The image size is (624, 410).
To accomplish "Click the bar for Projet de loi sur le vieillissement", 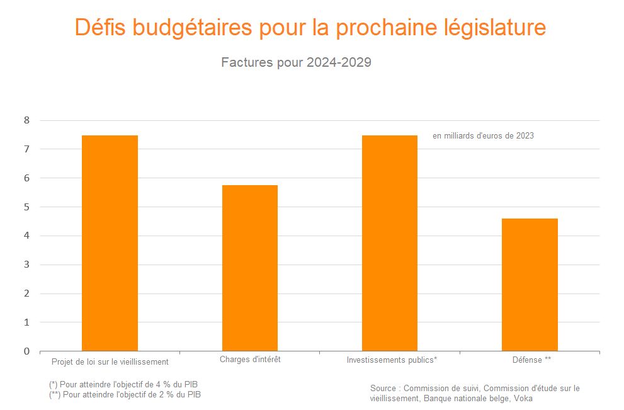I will pos(110,243).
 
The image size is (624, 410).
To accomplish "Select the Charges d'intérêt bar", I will pos(250,268).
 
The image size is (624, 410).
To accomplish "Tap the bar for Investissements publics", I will pos(390,243).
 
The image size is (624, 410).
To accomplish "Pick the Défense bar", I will pos(530,285).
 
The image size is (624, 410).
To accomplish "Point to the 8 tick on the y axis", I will pos(26,120).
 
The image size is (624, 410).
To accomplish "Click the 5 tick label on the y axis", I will pos(26,207).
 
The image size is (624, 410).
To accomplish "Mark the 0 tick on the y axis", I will pos(26,351).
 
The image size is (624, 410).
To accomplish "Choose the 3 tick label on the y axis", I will pos(26,265).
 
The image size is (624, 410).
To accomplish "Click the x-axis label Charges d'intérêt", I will pos(250,360).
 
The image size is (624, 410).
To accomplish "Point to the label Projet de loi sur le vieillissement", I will pos(110,362).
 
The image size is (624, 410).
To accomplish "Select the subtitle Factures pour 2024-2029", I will pos(296,62).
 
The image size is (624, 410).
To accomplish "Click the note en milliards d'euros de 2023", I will pos(483,135).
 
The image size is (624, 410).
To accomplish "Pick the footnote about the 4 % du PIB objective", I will pos(127,384).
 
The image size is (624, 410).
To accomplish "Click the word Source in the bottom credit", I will pos(383,388).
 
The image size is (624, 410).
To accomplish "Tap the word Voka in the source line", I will pos(523,398).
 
